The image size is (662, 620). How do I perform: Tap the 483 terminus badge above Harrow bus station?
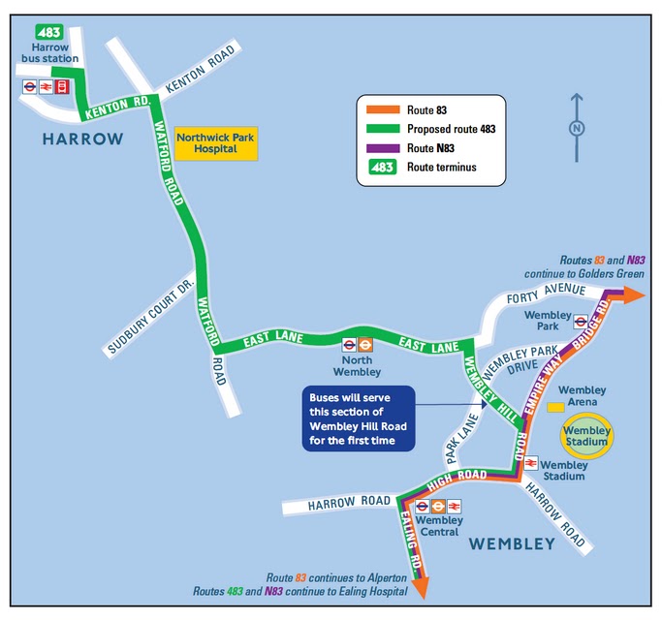click(x=49, y=31)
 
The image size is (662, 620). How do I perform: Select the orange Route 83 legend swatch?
click(x=381, y=110)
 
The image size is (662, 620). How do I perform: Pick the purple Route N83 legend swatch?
click(x=381, y=147)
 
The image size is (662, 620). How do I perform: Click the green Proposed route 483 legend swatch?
click(x=381, y=129)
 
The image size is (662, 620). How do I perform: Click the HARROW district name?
click(x=82, y=139)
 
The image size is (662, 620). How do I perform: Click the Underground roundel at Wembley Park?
click(x=580, y=322)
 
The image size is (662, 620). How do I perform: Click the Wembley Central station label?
click(x=439, y=526)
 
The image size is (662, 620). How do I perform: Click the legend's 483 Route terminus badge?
click(x=381, y=167)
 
